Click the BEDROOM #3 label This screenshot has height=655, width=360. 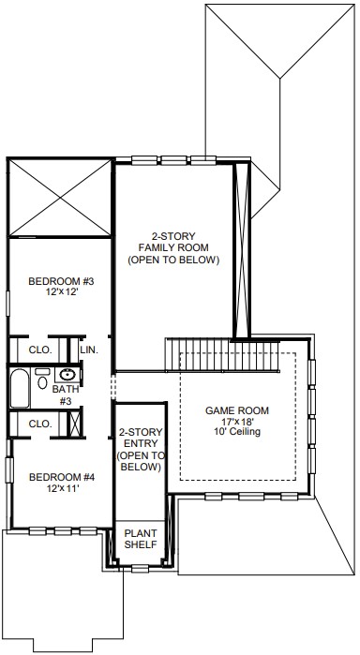click(x=61, y=281)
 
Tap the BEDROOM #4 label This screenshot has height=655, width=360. click(x=61, y=477)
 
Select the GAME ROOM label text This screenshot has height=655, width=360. click(x=236, y=410)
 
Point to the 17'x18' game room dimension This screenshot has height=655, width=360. click(x=237, y=421)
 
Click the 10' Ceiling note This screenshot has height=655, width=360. click(x=237, y=432)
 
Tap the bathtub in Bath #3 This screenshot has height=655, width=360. click(x=20, y=389)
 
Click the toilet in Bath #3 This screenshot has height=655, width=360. click(x=42, y=379)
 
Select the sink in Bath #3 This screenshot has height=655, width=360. click(x=67, y=375)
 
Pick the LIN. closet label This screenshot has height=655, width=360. click(x=89, y=350)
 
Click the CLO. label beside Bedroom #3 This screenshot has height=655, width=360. click(x=40, y=350)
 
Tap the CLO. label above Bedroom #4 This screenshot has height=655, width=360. click(x=40, y=424)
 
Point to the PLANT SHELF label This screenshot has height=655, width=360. click(x=141, y=539)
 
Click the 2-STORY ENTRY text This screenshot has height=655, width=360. click(x=141, y=438)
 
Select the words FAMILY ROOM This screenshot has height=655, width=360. click(x=173, y=247)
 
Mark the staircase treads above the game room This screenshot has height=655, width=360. click(x=222, y=354)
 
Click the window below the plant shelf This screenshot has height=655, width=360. click(x=140, y=568)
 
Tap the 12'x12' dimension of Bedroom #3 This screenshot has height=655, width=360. click(x=61, y=292)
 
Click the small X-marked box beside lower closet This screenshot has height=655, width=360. click(x=75, y=424)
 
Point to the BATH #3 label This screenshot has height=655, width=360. click(x=66, y=395)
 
